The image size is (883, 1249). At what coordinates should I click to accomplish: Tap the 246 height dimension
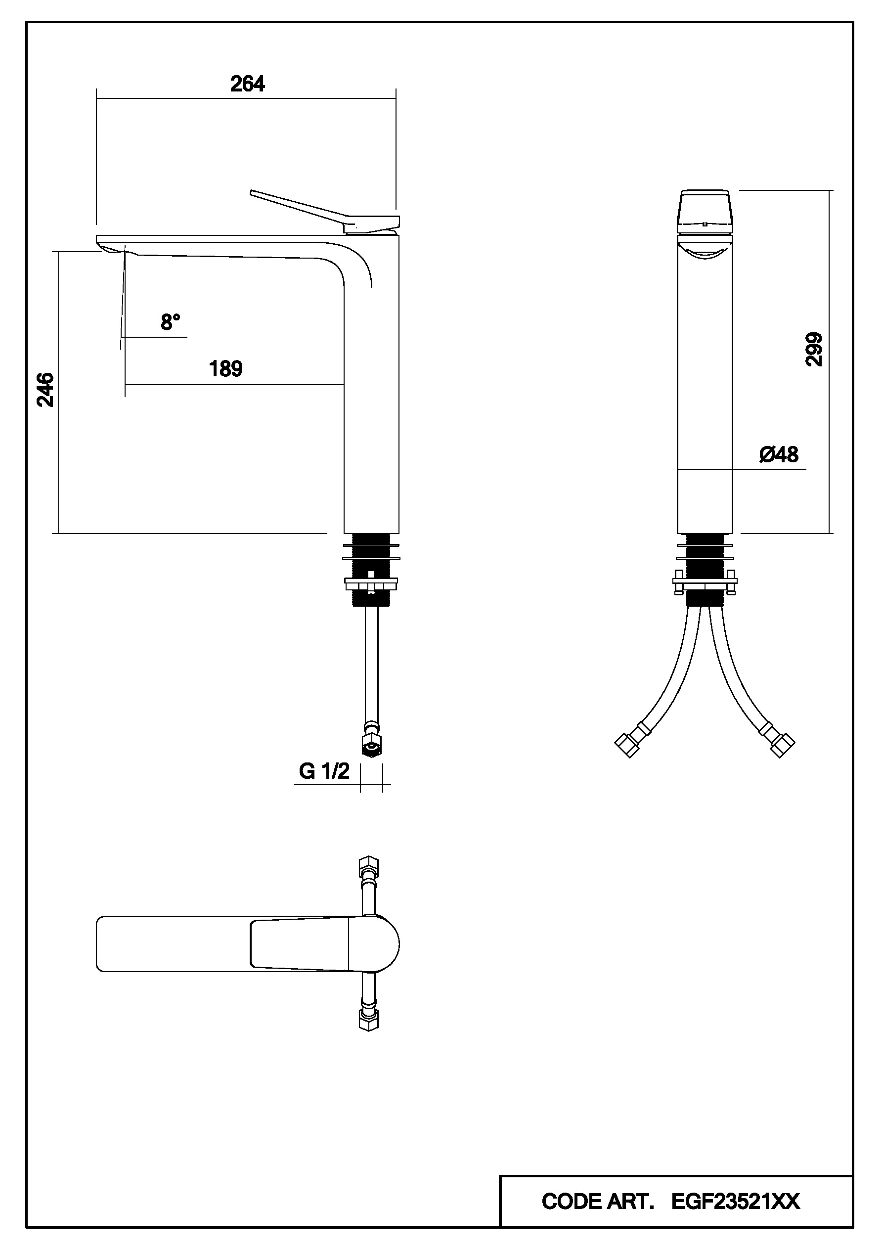(x=45, y=390)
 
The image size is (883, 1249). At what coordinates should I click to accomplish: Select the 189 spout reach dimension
(x=226, y=369)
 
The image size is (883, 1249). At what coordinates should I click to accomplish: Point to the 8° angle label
(x=170, y=322)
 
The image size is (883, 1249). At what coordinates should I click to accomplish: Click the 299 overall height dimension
(x=814, y=349)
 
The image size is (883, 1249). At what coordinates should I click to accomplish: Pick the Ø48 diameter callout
(x=779, y=455)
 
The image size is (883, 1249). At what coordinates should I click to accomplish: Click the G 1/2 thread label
(x=324, y=771)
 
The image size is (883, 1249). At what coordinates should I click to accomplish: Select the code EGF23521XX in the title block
(x=736, y=1202)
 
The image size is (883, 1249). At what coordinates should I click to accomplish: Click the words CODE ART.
(x=598, y=1202)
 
